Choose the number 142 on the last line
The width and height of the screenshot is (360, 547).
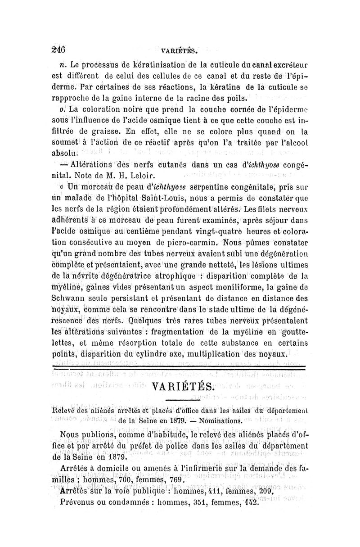point(250,502)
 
